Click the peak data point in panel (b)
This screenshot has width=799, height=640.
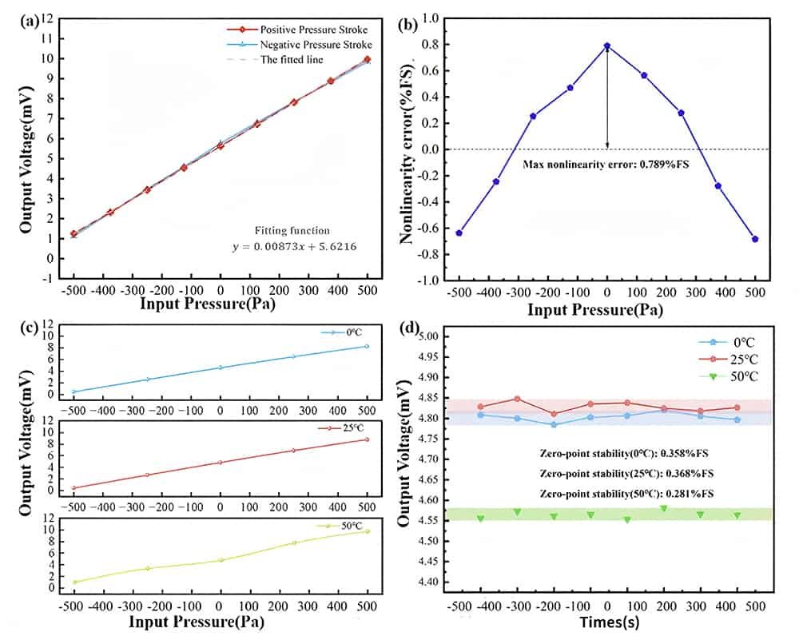click(607, 46)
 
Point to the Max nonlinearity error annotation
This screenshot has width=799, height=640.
click(606, 164)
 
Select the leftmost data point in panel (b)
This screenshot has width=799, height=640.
click(459, 233)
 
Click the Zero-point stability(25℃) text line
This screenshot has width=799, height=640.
click(627, 474)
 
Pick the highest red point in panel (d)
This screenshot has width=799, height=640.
click(518, 399)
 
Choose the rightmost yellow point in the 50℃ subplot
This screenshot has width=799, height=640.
click(368, 531)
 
